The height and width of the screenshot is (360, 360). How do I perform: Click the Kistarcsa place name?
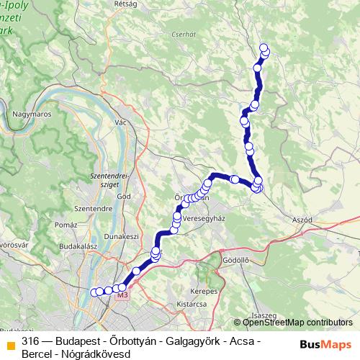[192, 305]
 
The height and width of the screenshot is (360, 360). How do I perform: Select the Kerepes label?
[203, 292]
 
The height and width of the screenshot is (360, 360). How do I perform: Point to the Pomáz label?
[65, 225]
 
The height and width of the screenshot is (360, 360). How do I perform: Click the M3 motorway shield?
[121, 295]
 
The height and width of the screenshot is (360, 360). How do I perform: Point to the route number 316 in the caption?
[30, 341]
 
